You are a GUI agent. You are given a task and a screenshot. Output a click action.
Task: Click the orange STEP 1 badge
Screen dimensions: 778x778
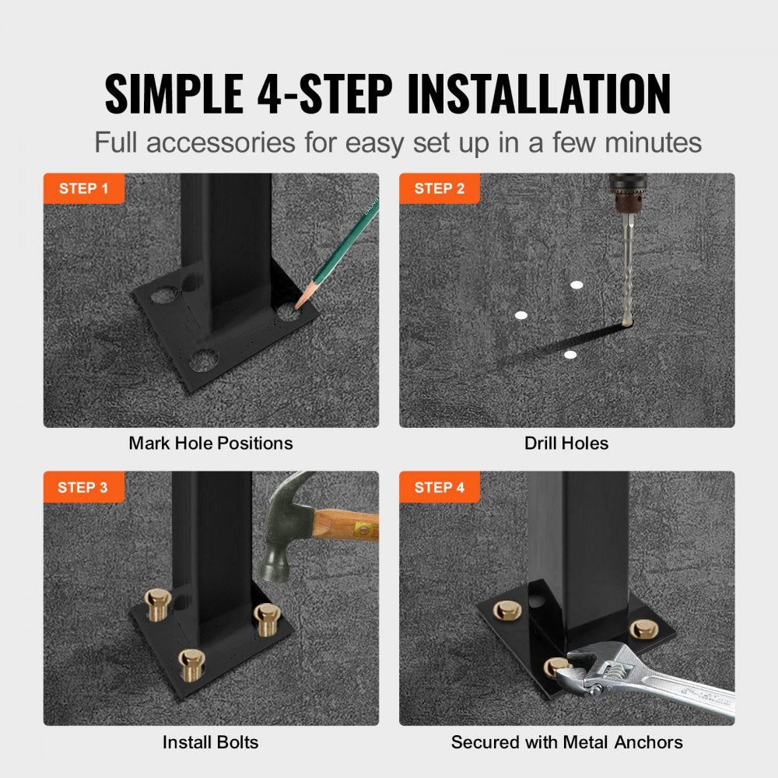83,188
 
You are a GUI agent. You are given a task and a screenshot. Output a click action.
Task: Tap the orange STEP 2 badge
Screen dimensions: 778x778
440,188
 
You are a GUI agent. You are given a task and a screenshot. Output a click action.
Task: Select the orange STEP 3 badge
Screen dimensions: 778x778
83,488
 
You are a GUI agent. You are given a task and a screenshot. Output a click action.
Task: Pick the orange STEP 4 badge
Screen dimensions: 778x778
440,488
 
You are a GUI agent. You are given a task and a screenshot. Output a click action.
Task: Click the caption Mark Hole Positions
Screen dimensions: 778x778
211,443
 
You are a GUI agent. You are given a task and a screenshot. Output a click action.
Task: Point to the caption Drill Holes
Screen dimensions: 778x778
566,443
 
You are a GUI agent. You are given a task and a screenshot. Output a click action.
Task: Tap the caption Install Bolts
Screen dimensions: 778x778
210,742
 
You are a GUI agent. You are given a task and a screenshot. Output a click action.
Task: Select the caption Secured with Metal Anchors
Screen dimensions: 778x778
566,742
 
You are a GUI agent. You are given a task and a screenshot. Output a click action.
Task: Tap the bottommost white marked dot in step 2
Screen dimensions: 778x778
570,355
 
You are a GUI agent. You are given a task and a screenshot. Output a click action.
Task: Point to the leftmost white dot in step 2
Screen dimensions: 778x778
521,315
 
